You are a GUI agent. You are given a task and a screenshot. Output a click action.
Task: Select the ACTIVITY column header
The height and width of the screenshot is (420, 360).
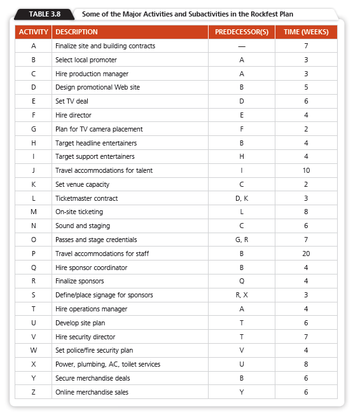33,32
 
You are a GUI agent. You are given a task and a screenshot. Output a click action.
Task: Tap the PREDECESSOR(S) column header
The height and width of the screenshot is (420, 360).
241,32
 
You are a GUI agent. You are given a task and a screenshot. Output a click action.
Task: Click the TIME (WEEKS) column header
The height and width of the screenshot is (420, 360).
306,32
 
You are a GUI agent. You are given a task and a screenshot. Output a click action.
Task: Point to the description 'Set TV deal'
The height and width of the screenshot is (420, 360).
73,101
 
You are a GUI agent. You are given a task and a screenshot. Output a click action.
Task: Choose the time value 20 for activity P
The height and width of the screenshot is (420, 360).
306,254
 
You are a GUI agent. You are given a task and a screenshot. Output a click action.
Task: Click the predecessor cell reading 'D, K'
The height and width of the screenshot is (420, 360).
241,198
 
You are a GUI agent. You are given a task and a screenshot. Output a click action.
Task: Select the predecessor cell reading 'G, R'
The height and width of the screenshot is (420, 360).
241,240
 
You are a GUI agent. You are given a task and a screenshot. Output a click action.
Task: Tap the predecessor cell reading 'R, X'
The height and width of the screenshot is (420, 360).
241,295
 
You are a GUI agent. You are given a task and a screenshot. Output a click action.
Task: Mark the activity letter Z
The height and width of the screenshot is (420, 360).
33,392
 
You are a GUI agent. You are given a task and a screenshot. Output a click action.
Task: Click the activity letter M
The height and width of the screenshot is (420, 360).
33,212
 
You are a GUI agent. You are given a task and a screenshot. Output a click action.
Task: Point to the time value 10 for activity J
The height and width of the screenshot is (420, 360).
306,170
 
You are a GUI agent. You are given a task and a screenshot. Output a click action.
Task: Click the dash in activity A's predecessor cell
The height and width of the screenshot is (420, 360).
241,46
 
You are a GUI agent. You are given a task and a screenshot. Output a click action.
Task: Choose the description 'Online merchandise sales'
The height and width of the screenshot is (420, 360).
92,392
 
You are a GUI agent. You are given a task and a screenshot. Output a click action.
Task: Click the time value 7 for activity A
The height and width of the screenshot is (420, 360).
306,46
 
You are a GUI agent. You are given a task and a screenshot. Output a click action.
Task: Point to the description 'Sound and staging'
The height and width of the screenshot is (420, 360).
83,226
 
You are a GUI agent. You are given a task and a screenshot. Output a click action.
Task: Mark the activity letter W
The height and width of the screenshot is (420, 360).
33,350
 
